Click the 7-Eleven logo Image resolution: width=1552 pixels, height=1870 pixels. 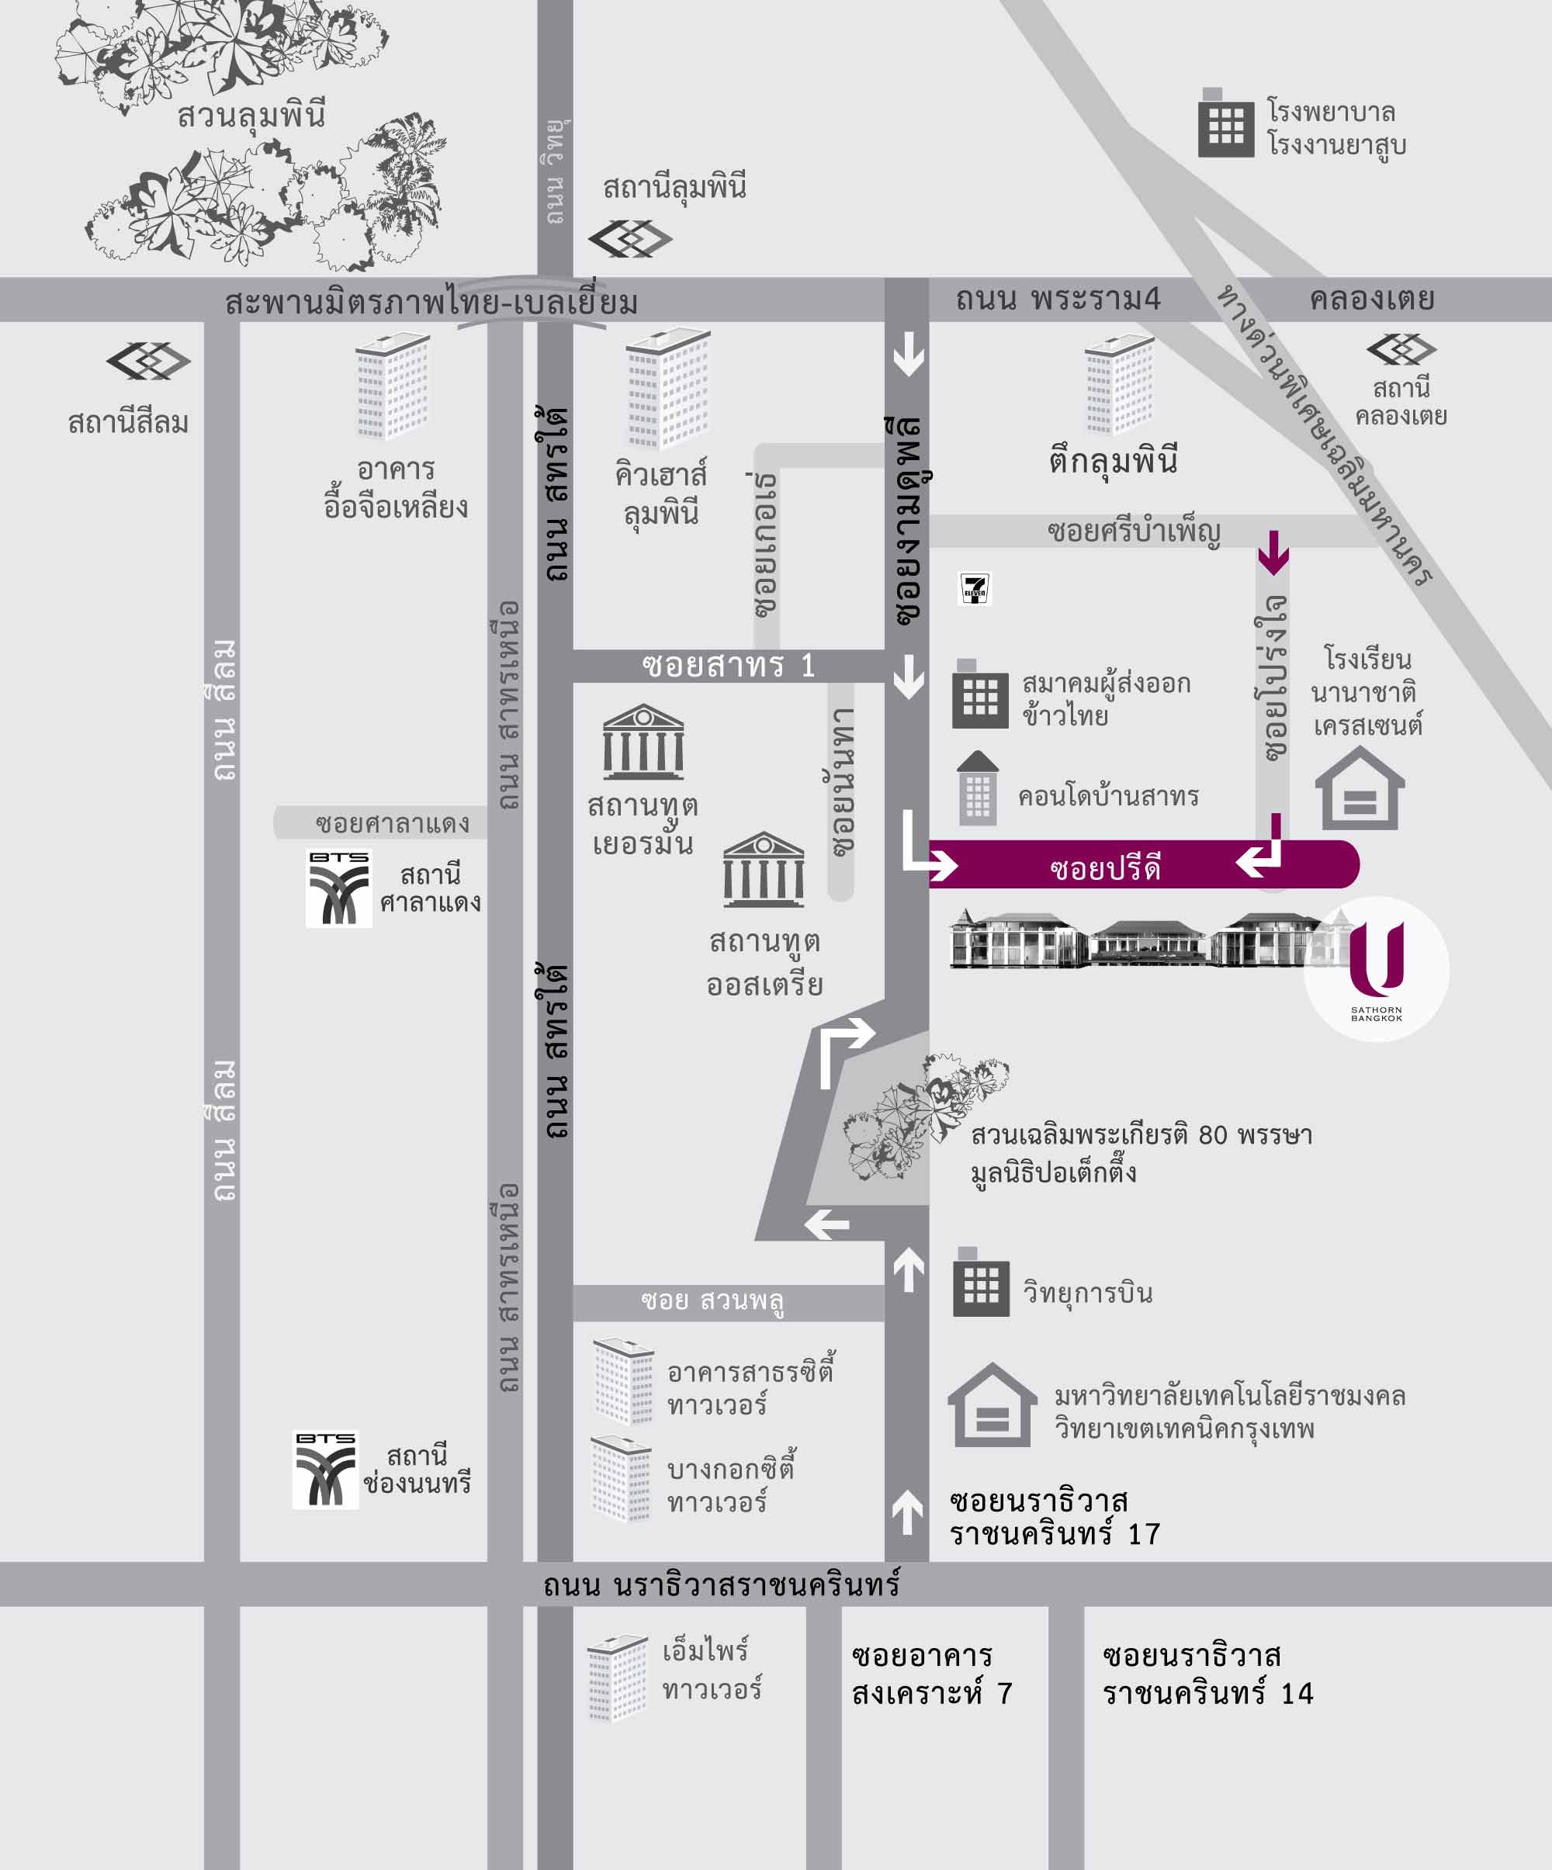(x=975, y=589)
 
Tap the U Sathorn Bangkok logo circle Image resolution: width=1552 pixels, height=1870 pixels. (x=1377, y=969)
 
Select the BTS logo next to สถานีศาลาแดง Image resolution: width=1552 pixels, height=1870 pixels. (x=339, y=888)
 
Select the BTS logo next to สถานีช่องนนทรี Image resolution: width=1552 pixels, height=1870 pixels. (x=326, y=1470)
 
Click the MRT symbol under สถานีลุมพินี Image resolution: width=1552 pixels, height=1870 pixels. (x=630, y=239)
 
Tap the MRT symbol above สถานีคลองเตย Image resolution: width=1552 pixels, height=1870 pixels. (x=1401, y=349)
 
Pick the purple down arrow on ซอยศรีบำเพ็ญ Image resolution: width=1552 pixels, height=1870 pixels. (x=1273, y=552)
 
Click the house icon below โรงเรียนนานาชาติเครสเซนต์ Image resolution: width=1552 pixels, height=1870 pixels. (x=1360, y=789)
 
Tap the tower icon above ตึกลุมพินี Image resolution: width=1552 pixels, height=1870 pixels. (x=1118, y=385)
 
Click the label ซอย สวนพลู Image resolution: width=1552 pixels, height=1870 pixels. (x=712, y=1301)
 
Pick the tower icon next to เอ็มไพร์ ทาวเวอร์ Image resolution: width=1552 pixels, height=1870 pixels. (x=617, y=1678)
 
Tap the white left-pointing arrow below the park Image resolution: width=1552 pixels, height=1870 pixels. (x=827, y=1225)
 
